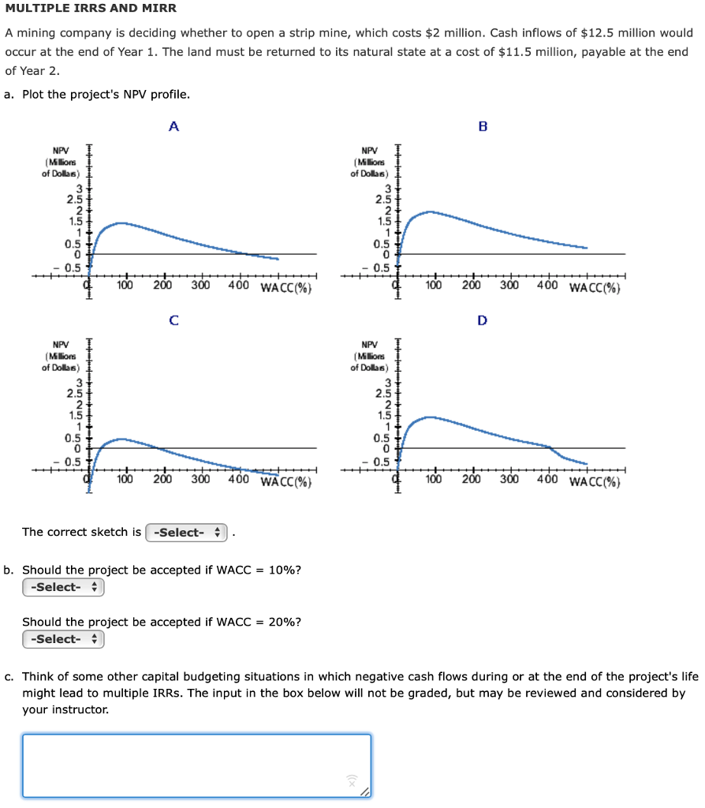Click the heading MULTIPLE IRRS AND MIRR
coord(91,9)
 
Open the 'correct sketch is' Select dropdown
coord(186,533)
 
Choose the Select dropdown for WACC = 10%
coord(63,587)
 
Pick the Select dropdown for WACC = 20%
coord(63,639)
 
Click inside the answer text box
coord(196,765)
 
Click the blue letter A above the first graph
coord(173,125)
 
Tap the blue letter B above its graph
coord(483,125)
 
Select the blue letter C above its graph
coord(173,320)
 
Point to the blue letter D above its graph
coord(483,320)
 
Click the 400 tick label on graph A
coord(240,286)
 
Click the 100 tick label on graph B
coord(434,286)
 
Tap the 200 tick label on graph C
coord(162,480)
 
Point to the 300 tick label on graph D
coord(509,480)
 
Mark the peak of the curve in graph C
coord(121,439)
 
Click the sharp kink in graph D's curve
coord(549,447)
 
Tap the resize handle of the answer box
coord(364,791)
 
